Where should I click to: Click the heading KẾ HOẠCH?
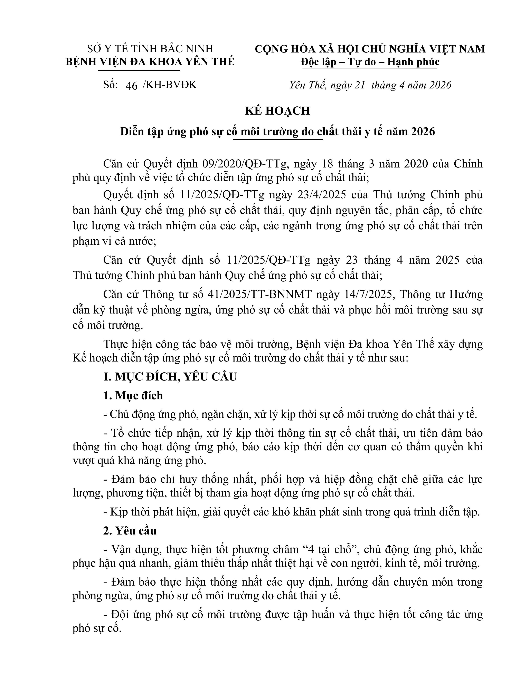277,111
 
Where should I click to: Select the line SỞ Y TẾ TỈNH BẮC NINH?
150,49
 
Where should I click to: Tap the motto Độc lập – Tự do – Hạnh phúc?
370,62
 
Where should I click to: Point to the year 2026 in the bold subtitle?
422,132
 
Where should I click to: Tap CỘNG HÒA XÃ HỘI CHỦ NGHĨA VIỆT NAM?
370,49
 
